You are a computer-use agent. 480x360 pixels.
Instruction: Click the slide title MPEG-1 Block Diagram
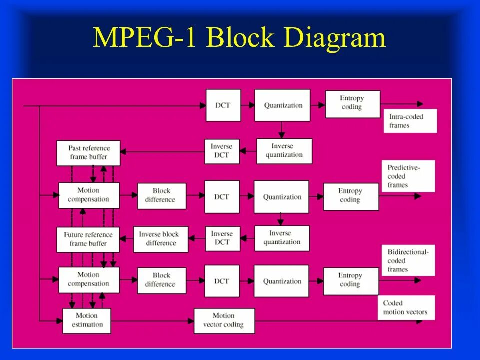[239, 39]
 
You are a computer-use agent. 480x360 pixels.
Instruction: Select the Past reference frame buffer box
[90, 153]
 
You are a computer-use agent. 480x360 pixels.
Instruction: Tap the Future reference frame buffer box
[88, 239]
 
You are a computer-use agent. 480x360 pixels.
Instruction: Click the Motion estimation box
[87, 320]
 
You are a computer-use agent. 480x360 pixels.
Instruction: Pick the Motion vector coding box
[224, 320]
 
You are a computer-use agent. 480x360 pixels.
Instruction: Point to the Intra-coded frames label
[409, 121]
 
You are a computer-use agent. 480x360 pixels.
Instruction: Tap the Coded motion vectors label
[406, 307]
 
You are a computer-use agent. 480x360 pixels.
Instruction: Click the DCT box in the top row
[223, 105]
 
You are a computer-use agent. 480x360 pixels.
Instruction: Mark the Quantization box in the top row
[282, 105]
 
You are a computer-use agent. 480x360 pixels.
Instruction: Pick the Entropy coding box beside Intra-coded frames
[352, 103]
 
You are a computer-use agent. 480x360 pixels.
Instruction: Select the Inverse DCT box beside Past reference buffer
[222, 151]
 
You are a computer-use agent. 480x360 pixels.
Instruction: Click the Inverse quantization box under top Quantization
[284, 151]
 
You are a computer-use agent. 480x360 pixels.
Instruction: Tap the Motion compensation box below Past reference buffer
[89, 195]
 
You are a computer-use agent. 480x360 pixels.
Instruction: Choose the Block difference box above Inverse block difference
[161, 196]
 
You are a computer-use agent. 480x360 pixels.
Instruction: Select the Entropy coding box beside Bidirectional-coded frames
[350, 280]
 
